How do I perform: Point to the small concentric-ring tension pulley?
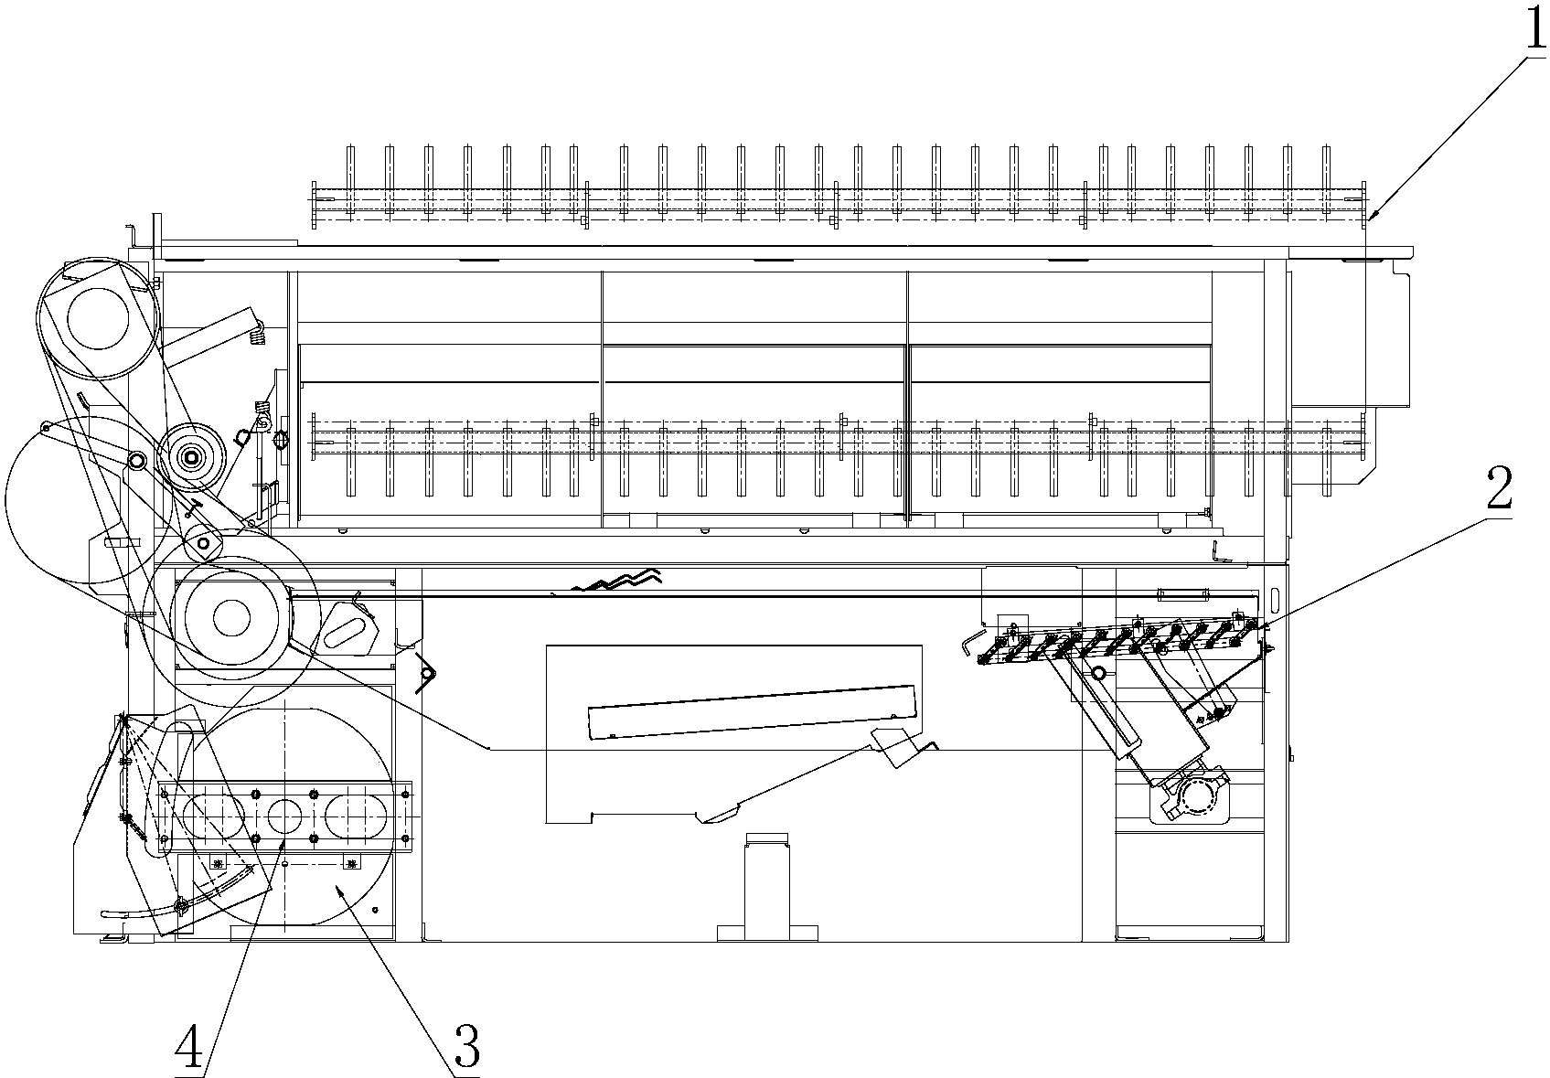[x=192, y=455]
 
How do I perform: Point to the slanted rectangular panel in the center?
[x=750, y=710]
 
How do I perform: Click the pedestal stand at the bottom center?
[x=766, y=887]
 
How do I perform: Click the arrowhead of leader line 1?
[x=1372, y=216]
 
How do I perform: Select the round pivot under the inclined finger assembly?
[x=1098, y=673]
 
